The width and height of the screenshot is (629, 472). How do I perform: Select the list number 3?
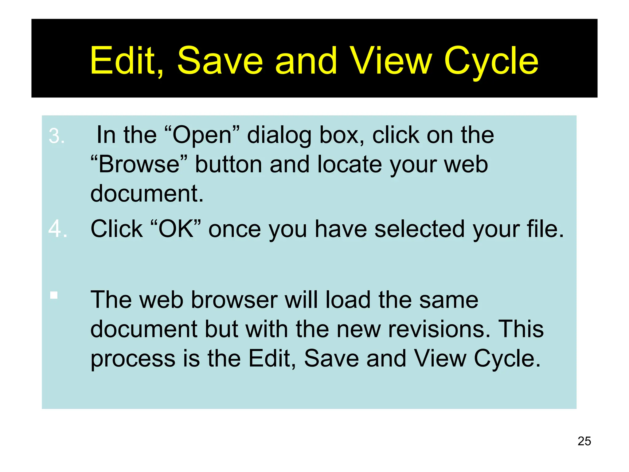click(x=57, y=136)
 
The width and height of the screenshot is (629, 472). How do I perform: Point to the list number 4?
click(x=58, y=229)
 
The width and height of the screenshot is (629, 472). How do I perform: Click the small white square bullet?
click(x=54, y=295)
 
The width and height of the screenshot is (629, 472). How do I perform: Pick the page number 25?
click(x=584, y=441)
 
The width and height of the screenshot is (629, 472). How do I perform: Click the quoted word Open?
click(x=202, y=135)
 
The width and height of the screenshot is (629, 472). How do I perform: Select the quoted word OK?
click(x=176, y=229)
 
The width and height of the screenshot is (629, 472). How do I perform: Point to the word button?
click(x=229, y=164)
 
